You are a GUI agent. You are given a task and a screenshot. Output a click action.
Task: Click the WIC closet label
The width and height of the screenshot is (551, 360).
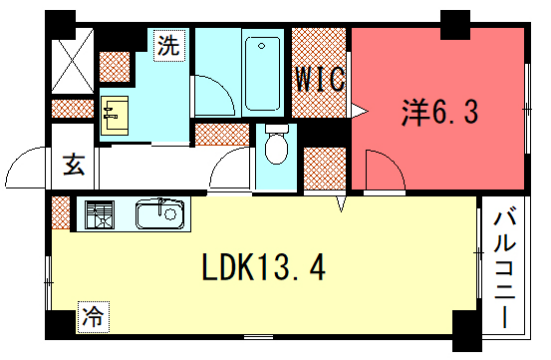coord(319,78)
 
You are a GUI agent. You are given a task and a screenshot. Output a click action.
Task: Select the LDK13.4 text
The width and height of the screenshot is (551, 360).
coord(262,268)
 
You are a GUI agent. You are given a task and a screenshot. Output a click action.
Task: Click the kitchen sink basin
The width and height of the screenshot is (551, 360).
coord(160,214)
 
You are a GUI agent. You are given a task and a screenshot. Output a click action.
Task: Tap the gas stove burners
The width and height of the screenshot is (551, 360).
coord(100,214)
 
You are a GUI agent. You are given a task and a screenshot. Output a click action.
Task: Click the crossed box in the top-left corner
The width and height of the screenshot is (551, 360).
coord(72,62)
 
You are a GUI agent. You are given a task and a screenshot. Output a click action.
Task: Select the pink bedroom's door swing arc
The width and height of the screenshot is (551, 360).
coord(384,168)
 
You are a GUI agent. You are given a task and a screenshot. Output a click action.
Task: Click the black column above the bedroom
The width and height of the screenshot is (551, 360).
coord(456,21)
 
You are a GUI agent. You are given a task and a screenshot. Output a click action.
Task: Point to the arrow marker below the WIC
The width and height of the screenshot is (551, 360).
coord(342,203)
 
